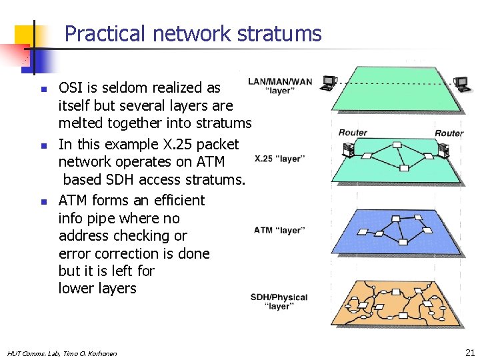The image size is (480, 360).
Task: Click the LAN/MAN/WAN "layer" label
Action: pos(279,86)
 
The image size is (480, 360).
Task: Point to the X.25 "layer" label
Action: pos(280,159)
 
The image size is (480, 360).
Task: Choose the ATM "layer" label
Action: pos(279,231)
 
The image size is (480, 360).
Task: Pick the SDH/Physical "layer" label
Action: pos(279,301)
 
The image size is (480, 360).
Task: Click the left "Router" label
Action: pos(353,133)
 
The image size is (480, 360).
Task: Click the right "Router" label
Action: pos(449,133)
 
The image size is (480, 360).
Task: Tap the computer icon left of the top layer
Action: pos(328,83)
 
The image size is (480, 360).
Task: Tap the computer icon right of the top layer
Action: pos(461,83)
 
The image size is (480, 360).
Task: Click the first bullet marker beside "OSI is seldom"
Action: pos(41,89)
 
